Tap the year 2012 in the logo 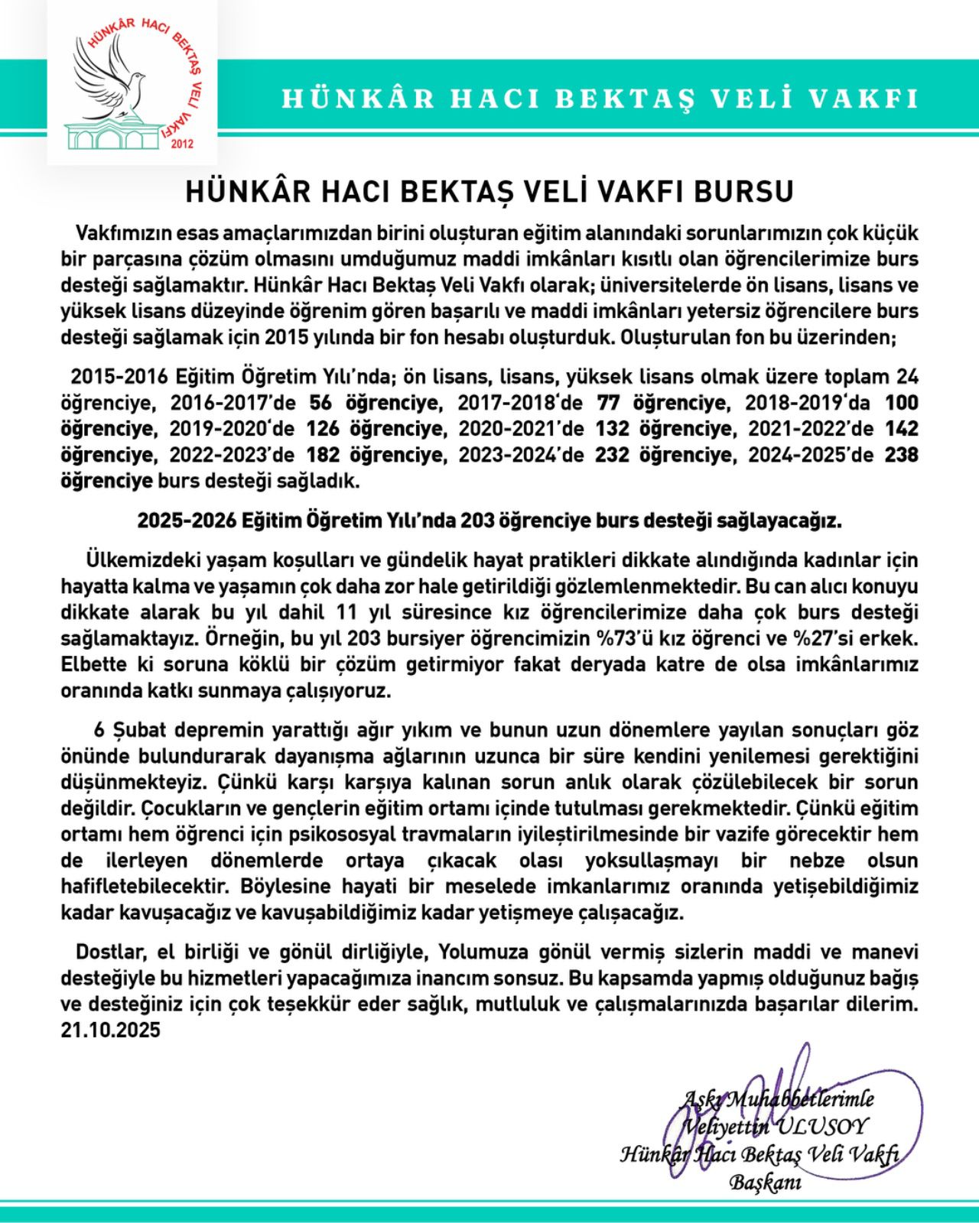[183, 144]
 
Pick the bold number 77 [608, 403]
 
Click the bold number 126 [322, 429]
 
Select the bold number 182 [324, 456]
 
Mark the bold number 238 [901, 456]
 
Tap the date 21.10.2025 [111, 1030]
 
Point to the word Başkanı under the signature [765, 1183]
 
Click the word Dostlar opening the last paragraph [110, 952]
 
